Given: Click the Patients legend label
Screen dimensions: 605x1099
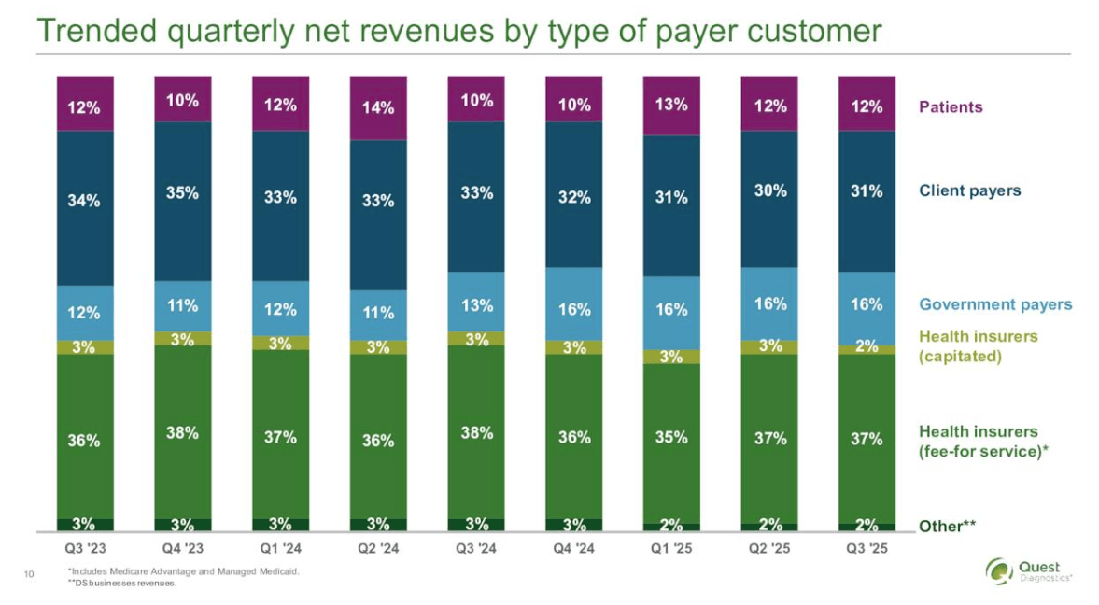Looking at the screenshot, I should click(x=951, y=106).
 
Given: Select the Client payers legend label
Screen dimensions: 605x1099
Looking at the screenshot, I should click(x=969, y=190).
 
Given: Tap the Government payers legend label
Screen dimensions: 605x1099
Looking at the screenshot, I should click(x=995, y=304).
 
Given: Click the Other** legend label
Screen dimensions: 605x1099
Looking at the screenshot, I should click(x=947, y=526).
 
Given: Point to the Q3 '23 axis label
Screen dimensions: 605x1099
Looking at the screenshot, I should click(x=84, y=548).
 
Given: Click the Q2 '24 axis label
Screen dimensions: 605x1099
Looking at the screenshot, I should click(x=378, y=548).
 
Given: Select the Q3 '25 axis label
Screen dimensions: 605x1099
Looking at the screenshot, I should click(x=867, y=548).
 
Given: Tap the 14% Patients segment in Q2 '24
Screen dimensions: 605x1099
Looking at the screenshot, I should click(x=378, y=106).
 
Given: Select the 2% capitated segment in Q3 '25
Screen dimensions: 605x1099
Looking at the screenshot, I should click(x=867, y=348).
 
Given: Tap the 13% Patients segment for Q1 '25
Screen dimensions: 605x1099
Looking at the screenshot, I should click(x=671, y=104).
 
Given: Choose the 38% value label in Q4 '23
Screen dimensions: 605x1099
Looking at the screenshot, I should click(x=182, y=432).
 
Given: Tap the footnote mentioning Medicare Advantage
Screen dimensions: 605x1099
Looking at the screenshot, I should click(x=183, y=571).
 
